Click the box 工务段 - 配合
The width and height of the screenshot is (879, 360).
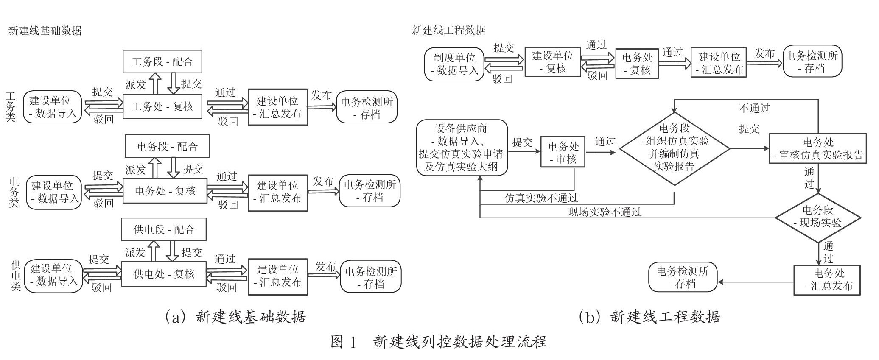(x=162, y=61)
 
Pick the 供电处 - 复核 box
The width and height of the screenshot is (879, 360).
(x=164, y=274)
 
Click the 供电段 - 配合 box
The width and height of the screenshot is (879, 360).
(x=164, y=229)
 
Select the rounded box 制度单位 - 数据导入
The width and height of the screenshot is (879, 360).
(x=455, y=64)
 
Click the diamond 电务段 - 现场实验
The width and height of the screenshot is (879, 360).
(x=818, y=218)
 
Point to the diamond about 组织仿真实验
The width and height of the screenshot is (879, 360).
(x=675, y=148)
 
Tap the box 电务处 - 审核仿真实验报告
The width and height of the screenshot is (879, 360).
(x=818, y=148)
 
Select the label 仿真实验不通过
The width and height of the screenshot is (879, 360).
(x=541, y=198)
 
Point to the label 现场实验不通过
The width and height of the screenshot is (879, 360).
(x=605, y=212)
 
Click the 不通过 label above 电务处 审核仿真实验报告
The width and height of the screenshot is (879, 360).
(x=754, y=108)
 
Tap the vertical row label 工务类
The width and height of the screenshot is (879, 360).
(x=10, y=106)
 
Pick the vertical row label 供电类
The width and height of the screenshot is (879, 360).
(x=16, y=276)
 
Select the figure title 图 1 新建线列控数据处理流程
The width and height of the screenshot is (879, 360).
(x=439, y=341)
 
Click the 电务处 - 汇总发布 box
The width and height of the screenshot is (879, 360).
(x=827, y=280)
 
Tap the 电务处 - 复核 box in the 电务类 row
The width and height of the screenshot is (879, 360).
(x=165, y=191)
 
